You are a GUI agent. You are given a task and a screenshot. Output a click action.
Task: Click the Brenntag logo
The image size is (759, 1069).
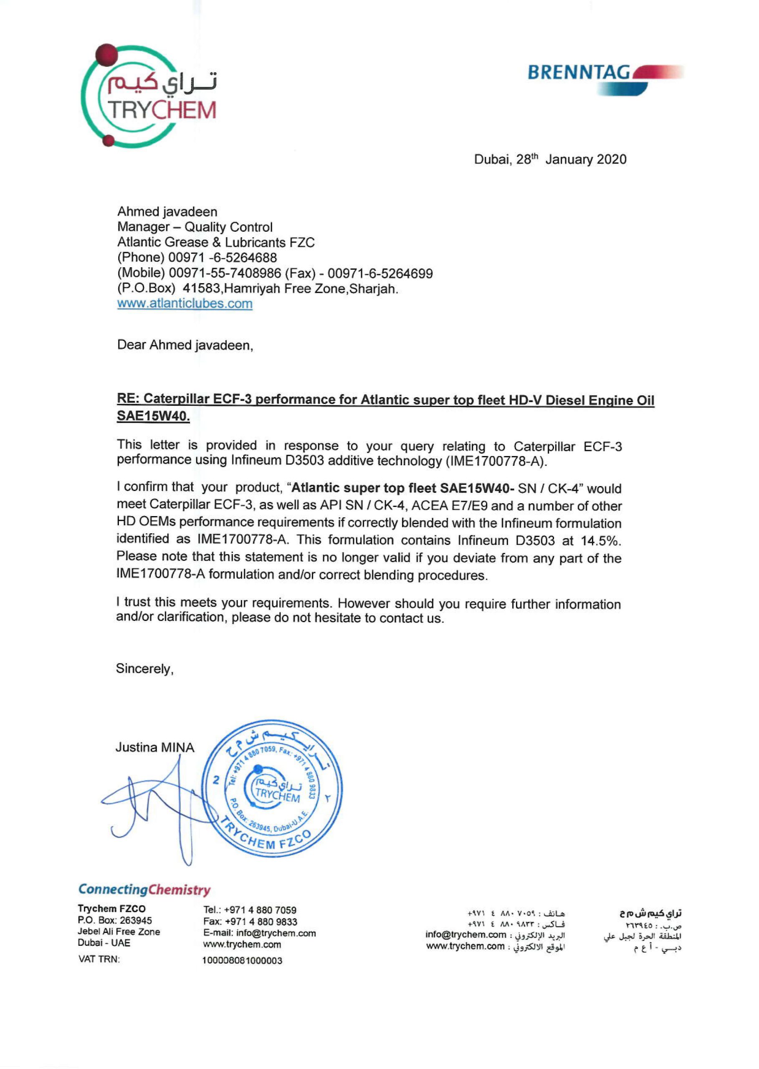point(605,77)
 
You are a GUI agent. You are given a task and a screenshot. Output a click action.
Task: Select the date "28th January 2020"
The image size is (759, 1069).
point(571,160)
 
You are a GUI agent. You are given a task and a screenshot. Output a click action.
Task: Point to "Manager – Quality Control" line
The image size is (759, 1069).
point(195,227)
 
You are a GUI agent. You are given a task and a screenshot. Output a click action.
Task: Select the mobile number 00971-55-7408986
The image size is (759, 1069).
point(225,273)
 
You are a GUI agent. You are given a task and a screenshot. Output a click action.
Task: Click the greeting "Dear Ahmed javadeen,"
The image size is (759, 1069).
point(185,345)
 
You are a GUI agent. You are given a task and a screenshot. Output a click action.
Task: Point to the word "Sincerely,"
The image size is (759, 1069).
point(144,669)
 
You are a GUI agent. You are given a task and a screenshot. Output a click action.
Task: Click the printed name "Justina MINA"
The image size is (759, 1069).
point(155,747)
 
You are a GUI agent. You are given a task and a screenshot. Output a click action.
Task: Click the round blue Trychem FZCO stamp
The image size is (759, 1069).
point(273,788)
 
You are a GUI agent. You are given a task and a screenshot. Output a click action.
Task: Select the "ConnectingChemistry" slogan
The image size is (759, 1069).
point(144,889)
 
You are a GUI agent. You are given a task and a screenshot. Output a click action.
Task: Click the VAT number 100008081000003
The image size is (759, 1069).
point(242,960)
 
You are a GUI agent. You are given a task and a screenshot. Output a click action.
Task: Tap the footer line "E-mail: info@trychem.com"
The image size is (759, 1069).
point(259,933)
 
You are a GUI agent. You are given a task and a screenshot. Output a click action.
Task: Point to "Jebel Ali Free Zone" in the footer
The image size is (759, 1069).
point(119,932)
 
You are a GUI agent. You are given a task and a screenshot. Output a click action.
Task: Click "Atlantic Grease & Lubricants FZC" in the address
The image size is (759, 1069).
point(215,242)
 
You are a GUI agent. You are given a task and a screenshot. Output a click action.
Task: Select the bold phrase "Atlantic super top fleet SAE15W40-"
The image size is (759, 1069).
point(402,488)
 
